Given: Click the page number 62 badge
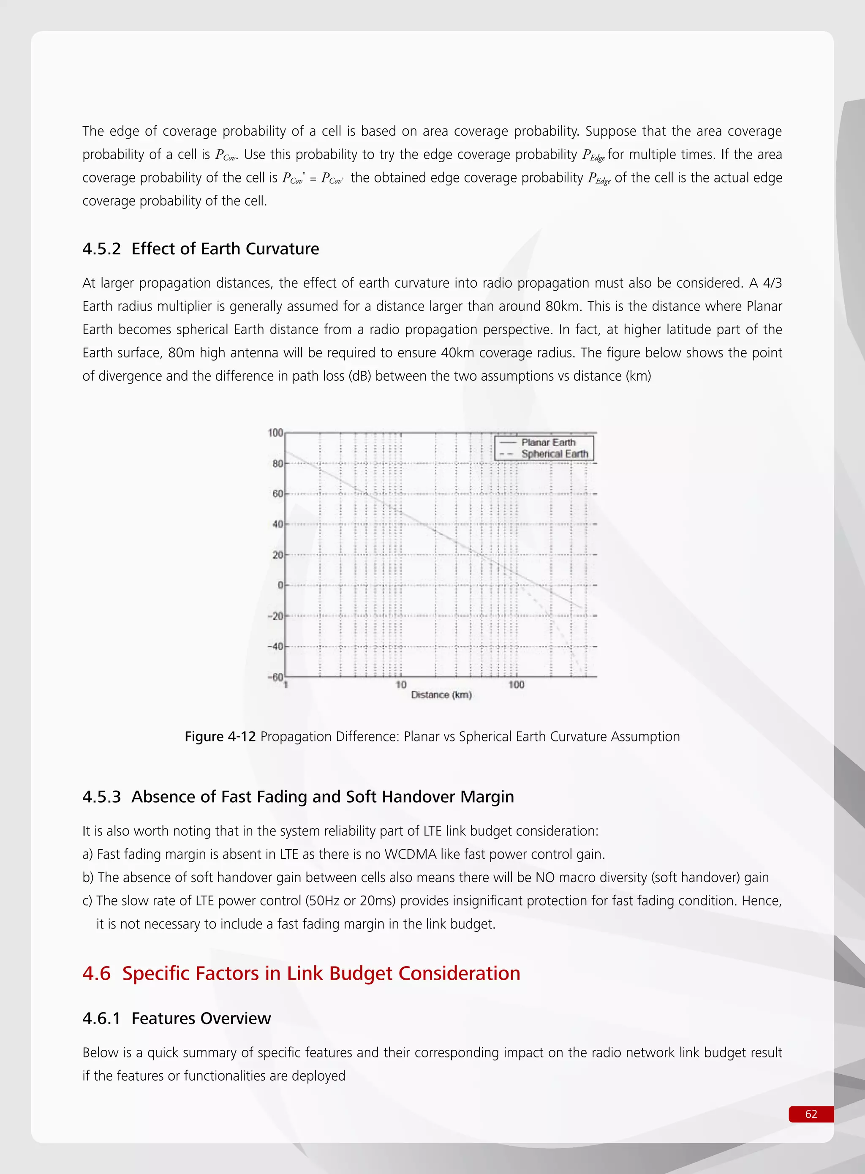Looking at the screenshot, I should [811, 1114].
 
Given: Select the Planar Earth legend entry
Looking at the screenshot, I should [548, 442].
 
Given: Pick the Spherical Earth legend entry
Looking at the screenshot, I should [554, 454].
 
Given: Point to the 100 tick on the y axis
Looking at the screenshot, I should [275, 433].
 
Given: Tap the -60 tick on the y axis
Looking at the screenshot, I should [275, 677].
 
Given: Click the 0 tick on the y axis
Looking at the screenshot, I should [280, 585].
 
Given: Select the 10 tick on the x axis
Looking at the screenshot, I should [400, 684].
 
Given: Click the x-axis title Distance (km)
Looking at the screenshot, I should [441, 695].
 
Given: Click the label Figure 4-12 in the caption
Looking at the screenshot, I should [220, 737].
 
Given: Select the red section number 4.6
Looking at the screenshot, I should [96, 973].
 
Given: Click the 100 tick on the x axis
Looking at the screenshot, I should [516, 684].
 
